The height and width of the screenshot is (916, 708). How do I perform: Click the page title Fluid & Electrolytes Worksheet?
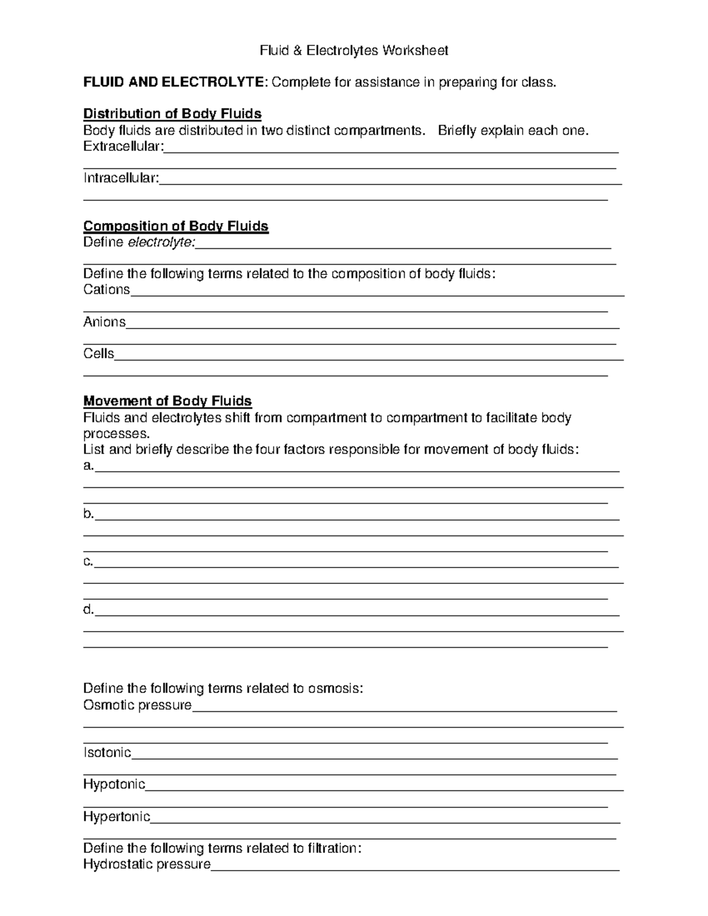coord(354,51)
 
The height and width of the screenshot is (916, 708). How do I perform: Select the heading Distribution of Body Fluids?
coord(172,113)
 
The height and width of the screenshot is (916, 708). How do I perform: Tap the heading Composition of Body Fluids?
coord(176,226)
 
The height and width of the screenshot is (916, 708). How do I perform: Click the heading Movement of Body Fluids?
coord(168,401)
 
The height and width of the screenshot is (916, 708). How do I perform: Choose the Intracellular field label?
coord(121,178)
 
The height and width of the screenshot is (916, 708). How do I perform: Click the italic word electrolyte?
coord(160,242)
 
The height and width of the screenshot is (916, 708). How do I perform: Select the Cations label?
coord(107,290)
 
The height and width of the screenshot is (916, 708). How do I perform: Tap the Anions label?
coord(104,322)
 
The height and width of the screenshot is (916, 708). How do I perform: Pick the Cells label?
coord(99,354)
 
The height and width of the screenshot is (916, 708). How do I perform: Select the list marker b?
coord(88,514)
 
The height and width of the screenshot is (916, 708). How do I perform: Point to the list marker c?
coord(88,562)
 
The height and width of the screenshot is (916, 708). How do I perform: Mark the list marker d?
coord(88,610)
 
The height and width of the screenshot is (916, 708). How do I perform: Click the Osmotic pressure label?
coord(137,705)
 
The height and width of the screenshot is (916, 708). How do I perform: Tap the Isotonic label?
coord(107,753)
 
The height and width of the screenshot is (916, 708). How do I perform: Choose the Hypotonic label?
coord(114,784)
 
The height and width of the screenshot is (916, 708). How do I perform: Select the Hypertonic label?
coord(117,817)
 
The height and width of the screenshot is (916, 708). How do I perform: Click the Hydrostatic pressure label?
coord(147,865)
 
